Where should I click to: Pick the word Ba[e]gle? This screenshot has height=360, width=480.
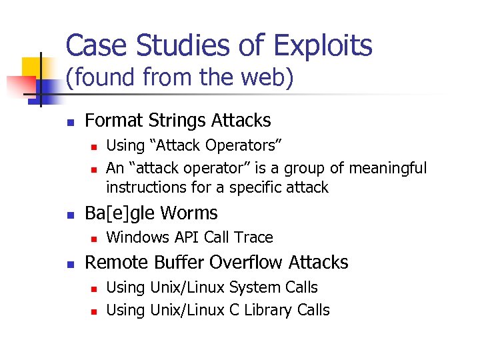122,213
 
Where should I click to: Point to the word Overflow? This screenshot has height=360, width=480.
241,263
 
